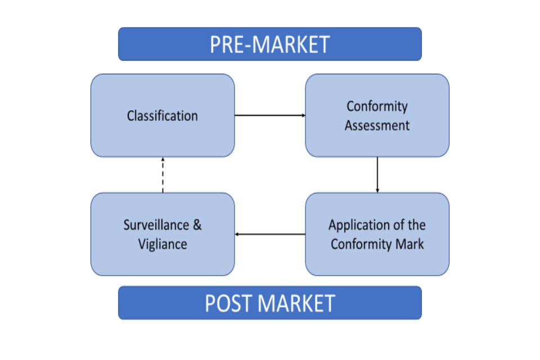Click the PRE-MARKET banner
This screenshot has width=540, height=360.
[x=269, y=44]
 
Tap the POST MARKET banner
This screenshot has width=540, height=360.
[x=269, y=303]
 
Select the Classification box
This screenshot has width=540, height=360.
[x=163, y=115]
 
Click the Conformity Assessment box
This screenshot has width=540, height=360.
[x=377, y=115]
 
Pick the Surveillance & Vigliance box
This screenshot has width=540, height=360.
[x=163, y=234]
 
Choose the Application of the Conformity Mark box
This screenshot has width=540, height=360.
[x=377, y=234]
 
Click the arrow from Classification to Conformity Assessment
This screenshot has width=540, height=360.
[x=270, y=115]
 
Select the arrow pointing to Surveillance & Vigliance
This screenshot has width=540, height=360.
[x=270, y=234]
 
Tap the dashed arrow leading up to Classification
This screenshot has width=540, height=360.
[x=163, y=174]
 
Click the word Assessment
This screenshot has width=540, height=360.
[x=377, y=125]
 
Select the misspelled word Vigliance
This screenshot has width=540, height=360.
[x=163, y=244]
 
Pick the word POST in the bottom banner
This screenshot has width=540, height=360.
[x=229, y=303]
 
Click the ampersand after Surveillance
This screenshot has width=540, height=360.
[x=197, y=225]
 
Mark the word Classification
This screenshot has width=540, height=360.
[x=163, y=116]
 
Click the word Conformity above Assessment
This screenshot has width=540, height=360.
[x=377, y=106]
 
